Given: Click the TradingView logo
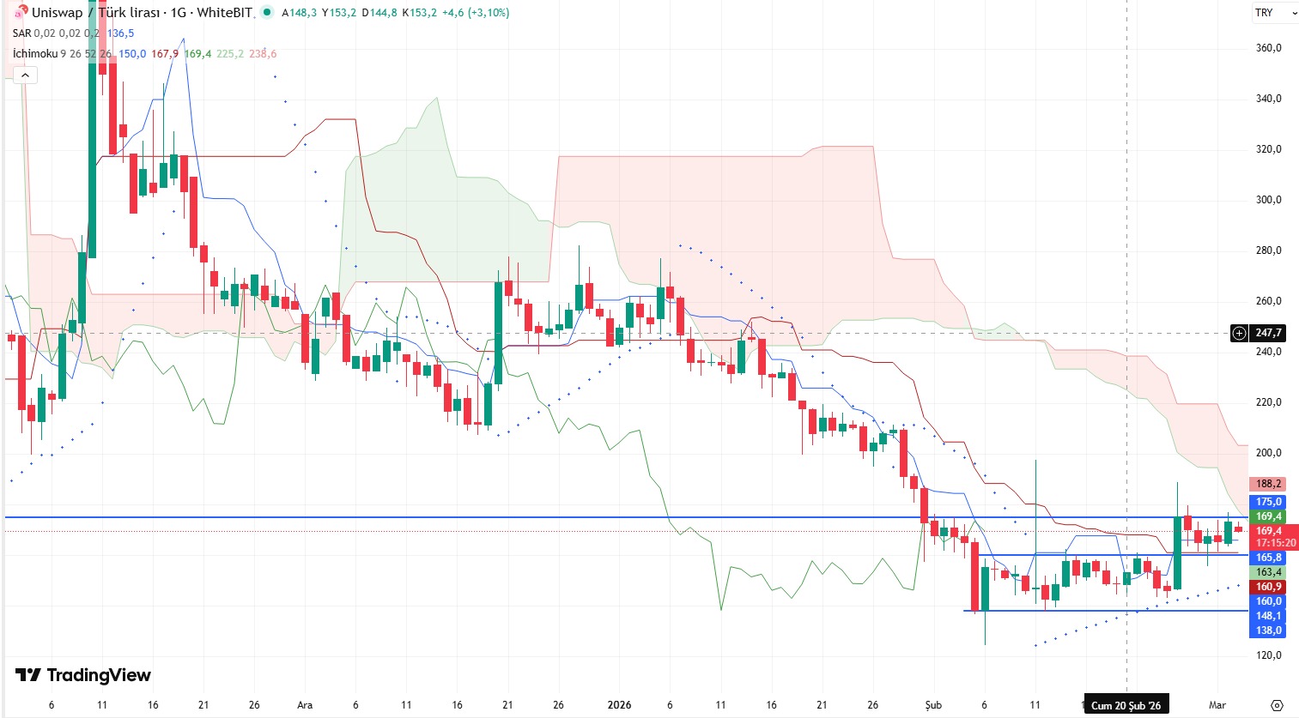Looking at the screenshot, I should point(83,675).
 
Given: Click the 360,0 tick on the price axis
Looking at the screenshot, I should point(1268,48).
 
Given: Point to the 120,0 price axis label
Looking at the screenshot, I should point(1268,655).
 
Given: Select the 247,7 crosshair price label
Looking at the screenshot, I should point(1267,333).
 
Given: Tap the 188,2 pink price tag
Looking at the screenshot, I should point(1267,484).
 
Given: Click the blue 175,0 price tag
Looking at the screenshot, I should point(1267,502).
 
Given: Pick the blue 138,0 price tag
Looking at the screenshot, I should point(1267,631).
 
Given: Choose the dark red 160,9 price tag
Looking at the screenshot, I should point(1267,587).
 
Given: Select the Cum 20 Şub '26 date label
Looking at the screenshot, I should point(1126,705).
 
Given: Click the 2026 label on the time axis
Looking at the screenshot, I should point(619,705).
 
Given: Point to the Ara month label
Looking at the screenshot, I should point(305,705).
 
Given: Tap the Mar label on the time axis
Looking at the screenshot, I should point(1217,705).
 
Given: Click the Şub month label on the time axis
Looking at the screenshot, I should point(933,705).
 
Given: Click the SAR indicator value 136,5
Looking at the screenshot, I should point(120,33).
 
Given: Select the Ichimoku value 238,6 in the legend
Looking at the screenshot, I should point(263,54).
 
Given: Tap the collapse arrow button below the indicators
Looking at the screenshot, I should point(25,75).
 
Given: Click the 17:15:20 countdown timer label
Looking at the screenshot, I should point(1275,543).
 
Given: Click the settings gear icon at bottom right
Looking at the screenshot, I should point(1277,705).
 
